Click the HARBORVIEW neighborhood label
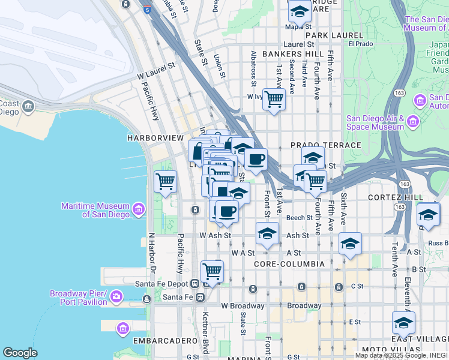pyautogui.click(x=155, y=138)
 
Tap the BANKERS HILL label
pyautogui.click(x=286, y=54)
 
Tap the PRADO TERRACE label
pyautogui.click(x=326, y=145)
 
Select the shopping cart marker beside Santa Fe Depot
pyautogui.click(x=212, y=271)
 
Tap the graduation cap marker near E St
pyautogui.click(x=403, y=323)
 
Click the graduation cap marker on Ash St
pyautogui.click(x=267, y=233)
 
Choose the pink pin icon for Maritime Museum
pyautogui.click(x=139, y=209)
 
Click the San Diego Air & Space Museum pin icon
pyautogui.click(x=412, y=122)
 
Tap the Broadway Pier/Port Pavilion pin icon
pyautogui.click(x=116, y=296)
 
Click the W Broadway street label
pyautogui.click(x=243, y=306)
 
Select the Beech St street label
pyautogui.click(x=300, y=218)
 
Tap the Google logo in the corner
pyautogui.click(x=20, y=353)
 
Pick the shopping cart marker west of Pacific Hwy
pyautogui.click(x=165, y=181)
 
